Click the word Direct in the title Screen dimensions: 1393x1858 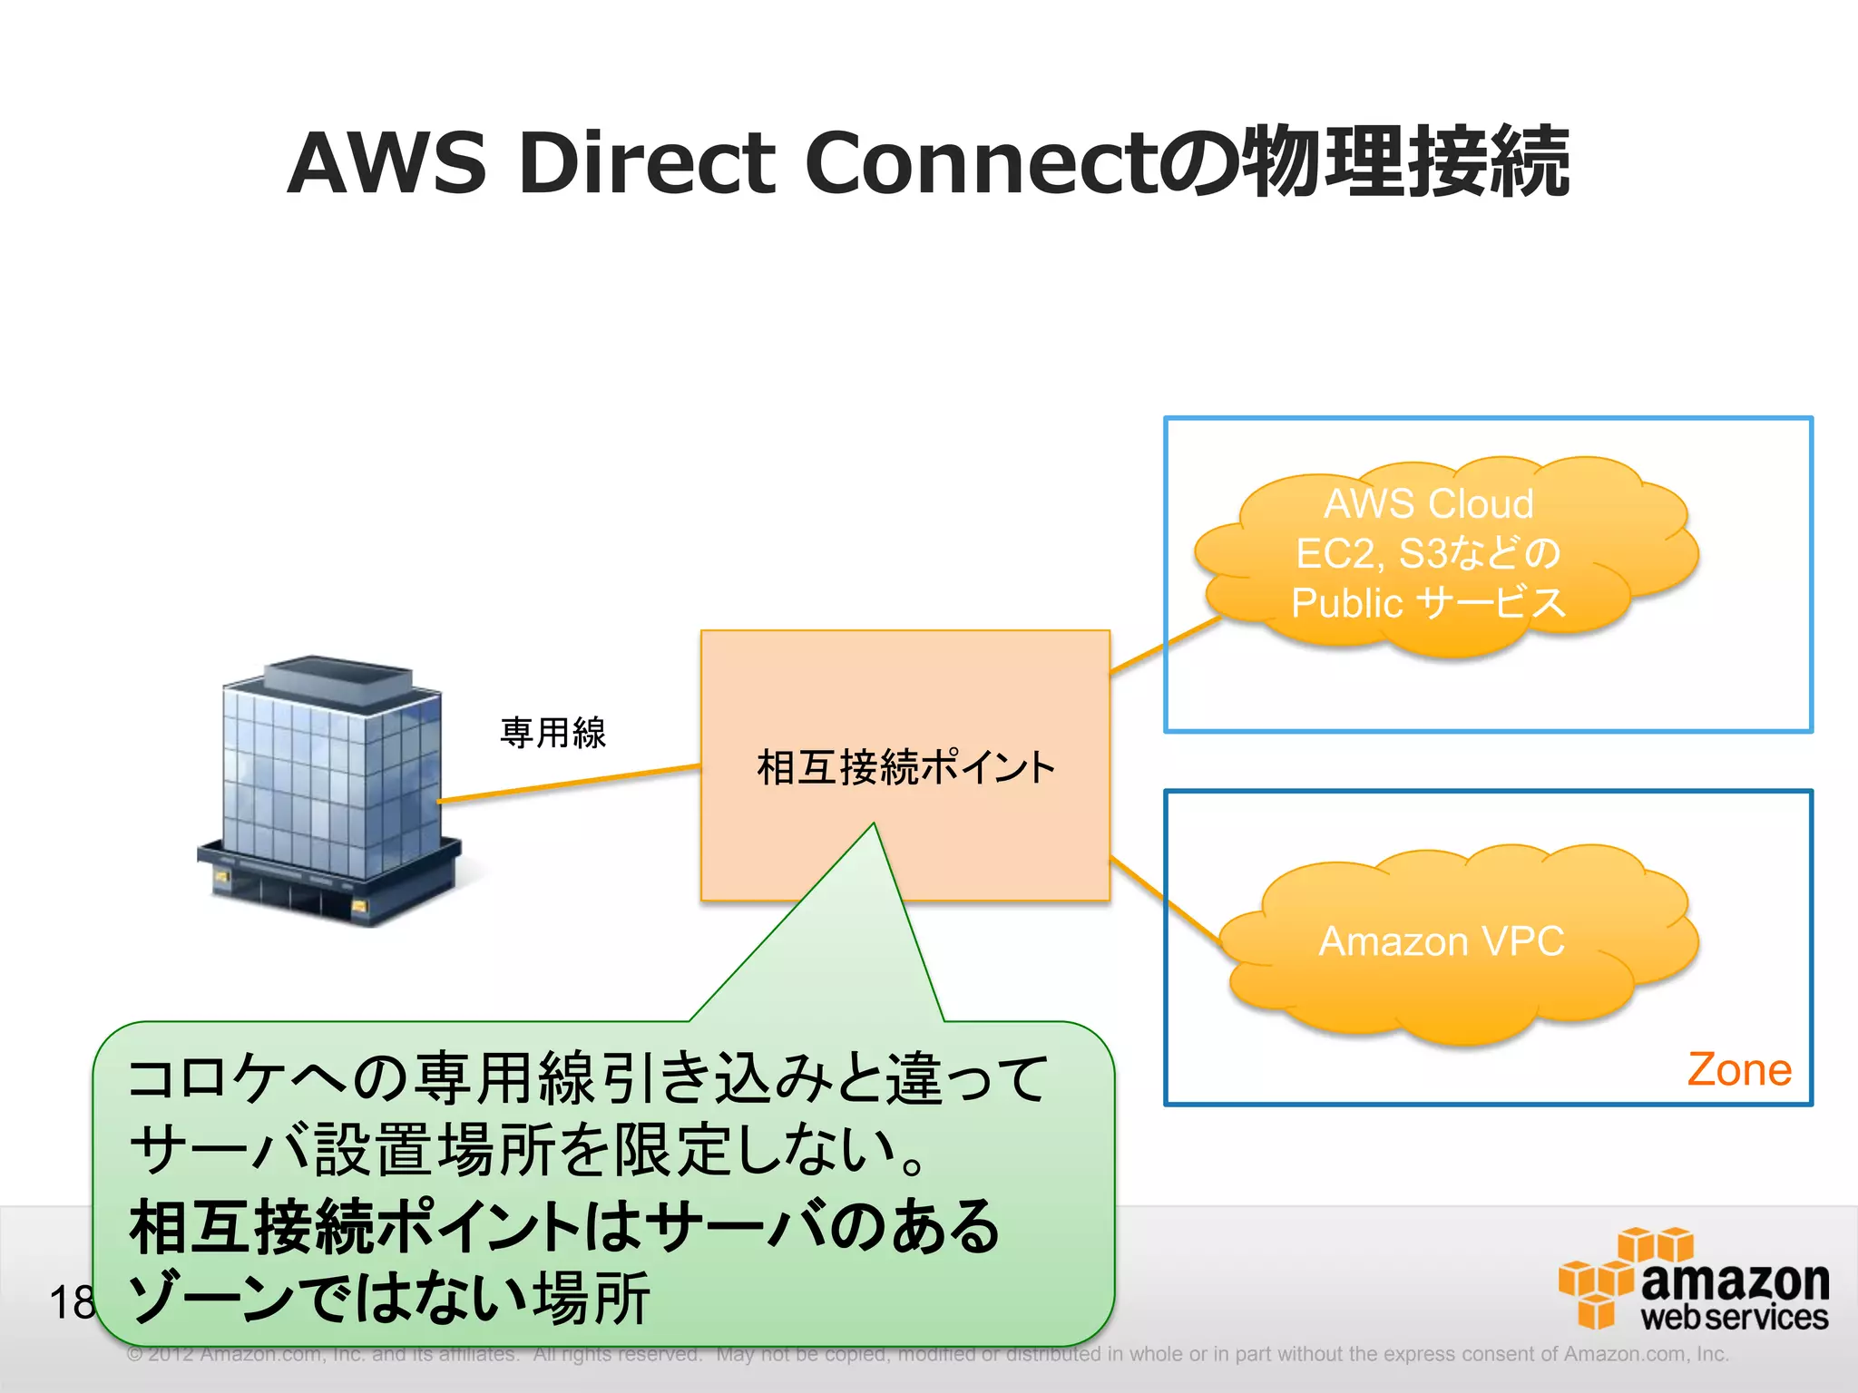646,163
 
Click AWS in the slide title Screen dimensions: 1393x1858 387,163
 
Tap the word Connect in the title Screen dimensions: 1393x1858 980,163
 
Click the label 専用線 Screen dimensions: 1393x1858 553,733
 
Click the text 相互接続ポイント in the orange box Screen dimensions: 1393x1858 905,767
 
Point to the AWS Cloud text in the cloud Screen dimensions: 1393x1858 1428,503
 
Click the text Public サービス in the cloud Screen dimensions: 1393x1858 1428,603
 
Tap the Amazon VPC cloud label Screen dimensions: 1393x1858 1441,941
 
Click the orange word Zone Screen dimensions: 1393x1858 1738,1070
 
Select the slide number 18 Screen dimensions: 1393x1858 71,1303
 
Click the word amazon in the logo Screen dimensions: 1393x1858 1735,1281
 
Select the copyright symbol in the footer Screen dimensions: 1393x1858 135,1355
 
